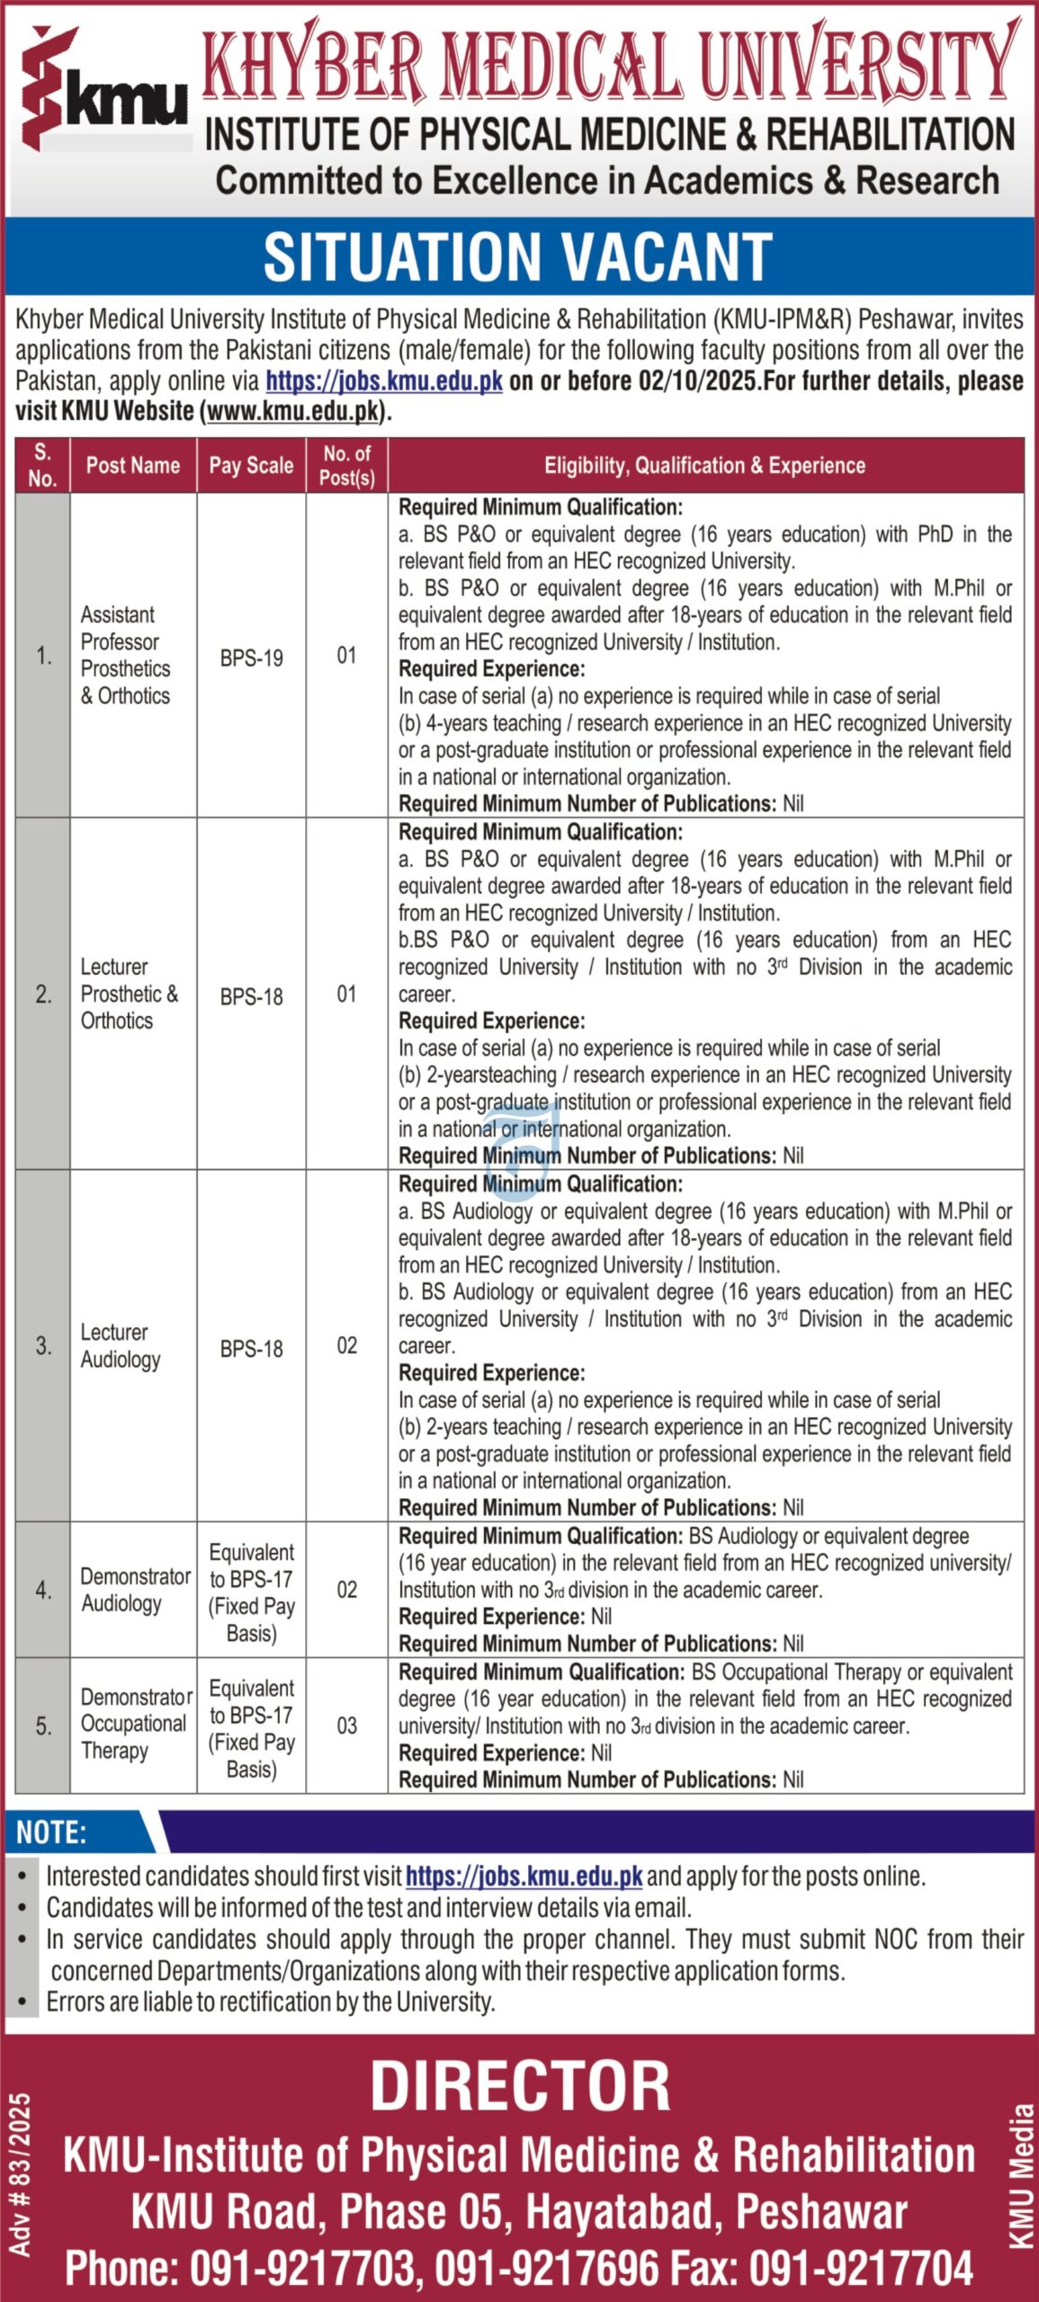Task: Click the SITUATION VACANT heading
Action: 518,257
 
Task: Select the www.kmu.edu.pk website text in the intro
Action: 292,412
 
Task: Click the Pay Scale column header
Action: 251,466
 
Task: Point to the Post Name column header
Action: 132,466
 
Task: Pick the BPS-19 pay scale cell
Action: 251,657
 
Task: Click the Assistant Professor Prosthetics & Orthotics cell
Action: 125,655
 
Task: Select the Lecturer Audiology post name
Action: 121,1345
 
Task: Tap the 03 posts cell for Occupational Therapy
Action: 346,1726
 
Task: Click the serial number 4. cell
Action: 43,1590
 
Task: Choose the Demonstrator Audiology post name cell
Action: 133,1590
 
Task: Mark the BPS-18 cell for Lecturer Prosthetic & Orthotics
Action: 251,996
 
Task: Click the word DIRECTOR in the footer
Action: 520,2085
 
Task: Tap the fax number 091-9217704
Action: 861,2269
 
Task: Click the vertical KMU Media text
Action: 1022,2175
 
